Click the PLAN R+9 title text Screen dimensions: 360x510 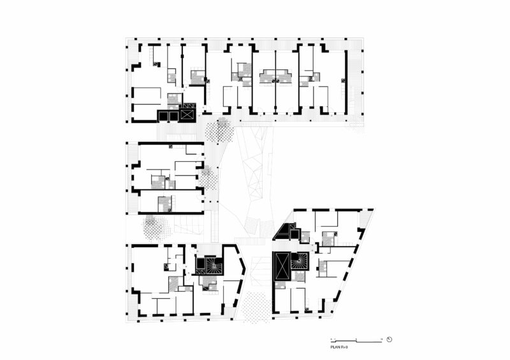pyautogui.click(x=339, y=347)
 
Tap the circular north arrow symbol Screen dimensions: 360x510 pyautogui.click(x=389, y=340)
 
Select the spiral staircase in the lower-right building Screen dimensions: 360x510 pyautogui.click(x=298, y=261)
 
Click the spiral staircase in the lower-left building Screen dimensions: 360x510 pyautogui.click(x=212, y=266)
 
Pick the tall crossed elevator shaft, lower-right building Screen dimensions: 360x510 pyautogui.click(x=281, y=266)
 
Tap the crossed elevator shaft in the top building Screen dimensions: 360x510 pyautogui.click(x=187, y=115)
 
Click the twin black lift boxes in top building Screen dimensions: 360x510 pyautogui.click(x=167, y=116)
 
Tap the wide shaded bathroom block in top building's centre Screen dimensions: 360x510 pyautogui.click(x=275, y=78)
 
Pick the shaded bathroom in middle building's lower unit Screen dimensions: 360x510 pyautogui.click(x=164, y=204)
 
